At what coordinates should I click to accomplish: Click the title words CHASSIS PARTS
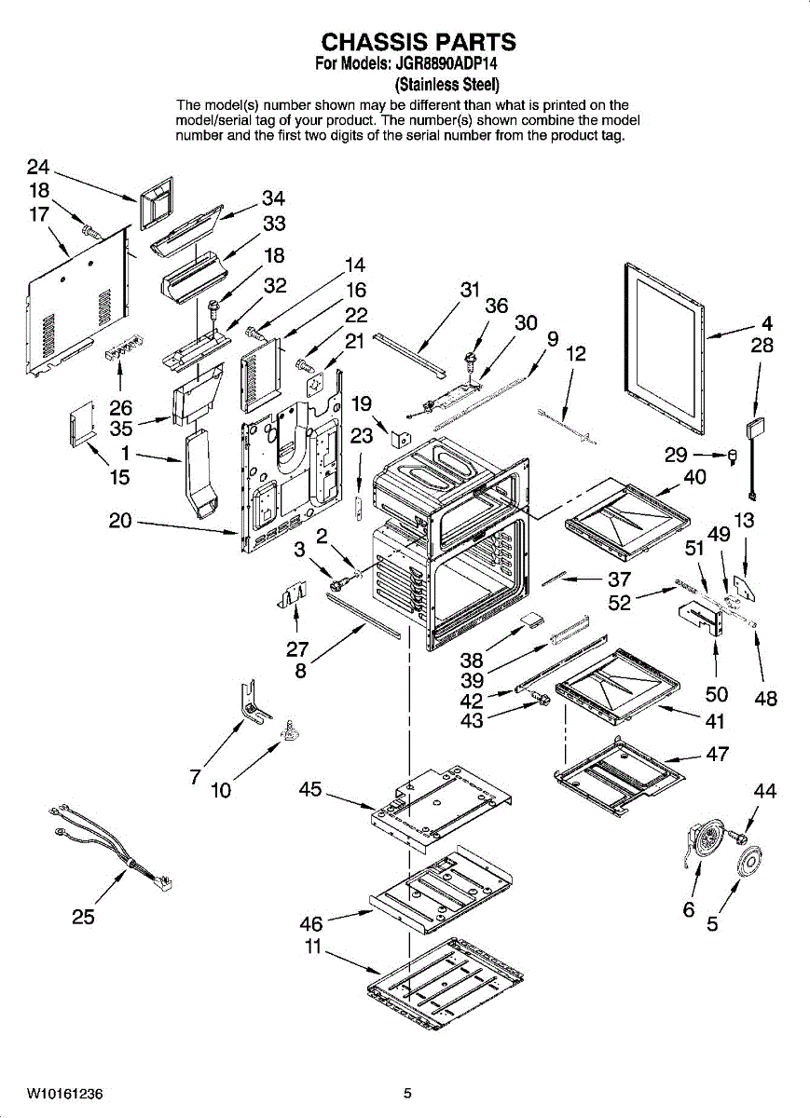pyautogui.click(x=419, y=42)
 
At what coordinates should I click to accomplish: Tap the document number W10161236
pyautogui.click(x=65, y=1093)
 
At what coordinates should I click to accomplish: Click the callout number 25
pyautogui.click(x=84, y=917)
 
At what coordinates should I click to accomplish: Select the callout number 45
pyautogui.click(x=310, y=790)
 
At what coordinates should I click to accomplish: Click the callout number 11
pyautogui.click(x=313, y=947)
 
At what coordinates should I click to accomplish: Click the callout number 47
pyautogui.click(x=717, y=754)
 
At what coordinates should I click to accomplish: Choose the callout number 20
pyautogui.click(x=121, y=521)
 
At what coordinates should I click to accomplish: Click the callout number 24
pyautogui.click(x=38, y=167)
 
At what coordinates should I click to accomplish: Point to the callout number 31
pyautogui.click(x=471, y=290)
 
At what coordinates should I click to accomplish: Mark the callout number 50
pyautogui.click(x=717, y=694)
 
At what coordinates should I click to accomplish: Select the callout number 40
pyautogui.click(x=695, y=477)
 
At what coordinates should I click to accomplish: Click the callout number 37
pyautogui.click(x=620, y=579)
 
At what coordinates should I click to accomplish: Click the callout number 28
pyautogui.click(x=762, y=346)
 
